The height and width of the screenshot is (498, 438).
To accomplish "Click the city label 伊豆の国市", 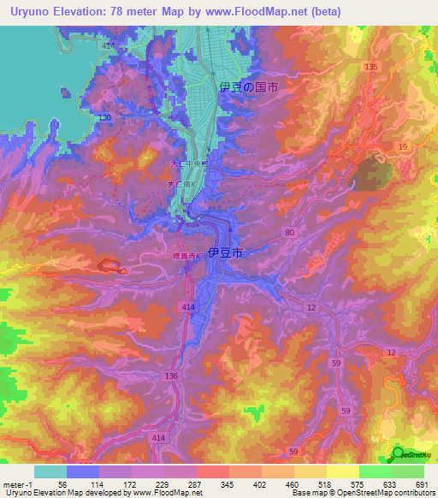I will click(249, 87).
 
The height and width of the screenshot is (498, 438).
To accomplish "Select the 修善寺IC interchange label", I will click(186, 256).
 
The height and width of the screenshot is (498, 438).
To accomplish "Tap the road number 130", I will click(104, 117).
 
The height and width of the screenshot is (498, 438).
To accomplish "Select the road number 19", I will click(401, 148).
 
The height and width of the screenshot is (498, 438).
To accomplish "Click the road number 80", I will click(290, 232).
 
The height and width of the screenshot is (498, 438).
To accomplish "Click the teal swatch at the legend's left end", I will click(50, 471).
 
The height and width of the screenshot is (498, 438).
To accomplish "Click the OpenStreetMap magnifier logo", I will click(398, 454).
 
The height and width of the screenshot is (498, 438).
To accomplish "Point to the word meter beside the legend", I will click(12, 484).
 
